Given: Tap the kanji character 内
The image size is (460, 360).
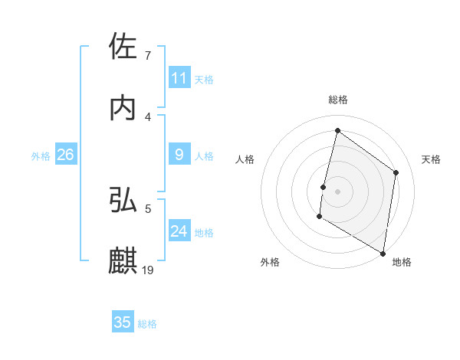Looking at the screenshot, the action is click(x=123, y=108).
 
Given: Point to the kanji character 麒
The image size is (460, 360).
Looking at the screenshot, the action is click(x=123, y=260).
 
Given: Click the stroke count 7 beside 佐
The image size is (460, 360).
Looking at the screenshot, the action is click(x=148, y=56).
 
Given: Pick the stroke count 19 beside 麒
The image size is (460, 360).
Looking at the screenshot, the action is click(x=148, y=270).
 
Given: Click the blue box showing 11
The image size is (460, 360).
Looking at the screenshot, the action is click(x=179, y=78).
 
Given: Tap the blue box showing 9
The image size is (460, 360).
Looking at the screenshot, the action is click(x=179, y=155).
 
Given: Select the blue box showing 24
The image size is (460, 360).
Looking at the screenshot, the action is click(x=179, y=231).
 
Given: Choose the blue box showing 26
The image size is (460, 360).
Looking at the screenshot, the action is click(x=65, y=155).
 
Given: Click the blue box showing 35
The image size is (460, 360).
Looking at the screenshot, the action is click(x=123, y=322).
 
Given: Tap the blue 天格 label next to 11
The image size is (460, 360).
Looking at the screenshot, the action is click(x=204, y=79).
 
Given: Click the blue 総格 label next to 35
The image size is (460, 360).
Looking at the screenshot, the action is click(x=147, y=323).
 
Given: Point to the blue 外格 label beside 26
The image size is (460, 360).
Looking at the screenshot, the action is click(x=41, y=155).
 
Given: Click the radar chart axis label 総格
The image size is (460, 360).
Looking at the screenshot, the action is click(x=338, y=100).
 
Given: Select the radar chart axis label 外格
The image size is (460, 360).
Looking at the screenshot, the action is click(x=270, y=262).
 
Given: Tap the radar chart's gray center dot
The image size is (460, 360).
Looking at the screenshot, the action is click(x=338, y=191).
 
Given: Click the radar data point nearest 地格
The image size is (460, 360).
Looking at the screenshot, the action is click(x=383, y=253).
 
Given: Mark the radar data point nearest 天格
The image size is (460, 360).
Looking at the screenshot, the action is click(x=396, y=172).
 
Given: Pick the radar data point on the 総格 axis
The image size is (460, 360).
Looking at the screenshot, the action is click(x=337, y=130).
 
